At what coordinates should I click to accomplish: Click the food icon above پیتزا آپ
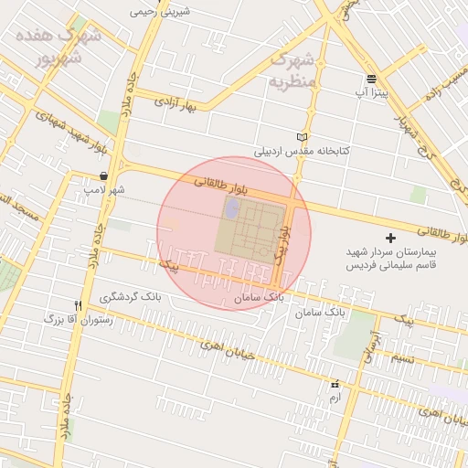click(371, 79)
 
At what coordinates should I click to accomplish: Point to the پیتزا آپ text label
click(371, 93)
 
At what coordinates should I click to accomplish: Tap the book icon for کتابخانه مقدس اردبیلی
click(303, 137)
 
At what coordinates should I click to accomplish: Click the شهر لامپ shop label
click(103, 190)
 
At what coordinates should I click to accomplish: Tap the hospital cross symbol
click(392, 238)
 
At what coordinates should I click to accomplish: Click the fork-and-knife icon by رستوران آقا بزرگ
click(79, 304)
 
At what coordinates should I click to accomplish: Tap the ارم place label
click(335, 399)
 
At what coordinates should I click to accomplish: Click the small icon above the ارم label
click(335, 385)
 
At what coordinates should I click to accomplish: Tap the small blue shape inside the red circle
click(231, 207)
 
